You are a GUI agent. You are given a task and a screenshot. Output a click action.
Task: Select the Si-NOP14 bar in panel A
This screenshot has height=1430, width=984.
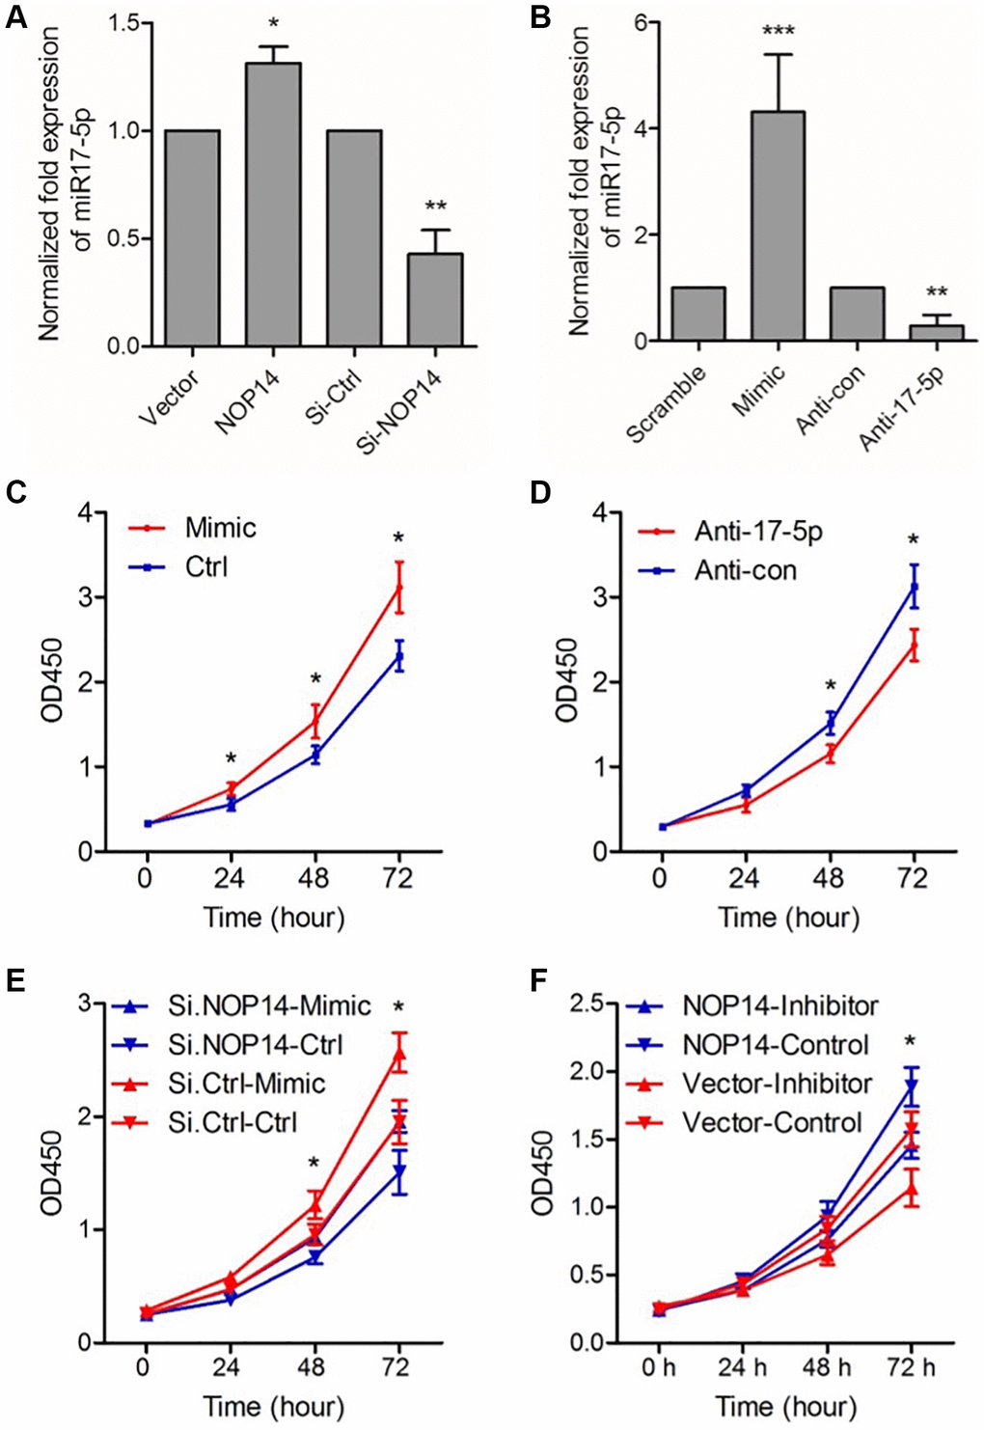pyautogui.click(x=434, y=299)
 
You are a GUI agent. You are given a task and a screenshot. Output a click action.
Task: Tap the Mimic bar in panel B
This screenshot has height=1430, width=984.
pyautogui.click(x=778, y=226)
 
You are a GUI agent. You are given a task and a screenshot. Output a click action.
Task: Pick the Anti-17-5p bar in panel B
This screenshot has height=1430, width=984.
pyautogui.click(x=936, y=333)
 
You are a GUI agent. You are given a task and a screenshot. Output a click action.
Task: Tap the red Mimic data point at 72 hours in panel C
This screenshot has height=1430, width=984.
pyautogui.click(x=398, y=588)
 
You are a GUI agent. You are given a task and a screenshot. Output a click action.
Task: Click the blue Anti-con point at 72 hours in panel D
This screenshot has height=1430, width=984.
pyautogui.click(x=914, y=587)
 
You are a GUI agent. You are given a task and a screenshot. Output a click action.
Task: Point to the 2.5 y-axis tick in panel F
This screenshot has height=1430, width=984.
pyautogui.click(x=621, y=1004)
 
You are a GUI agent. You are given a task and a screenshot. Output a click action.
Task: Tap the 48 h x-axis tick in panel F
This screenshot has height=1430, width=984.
pyautogui.click(x=828, y=1368)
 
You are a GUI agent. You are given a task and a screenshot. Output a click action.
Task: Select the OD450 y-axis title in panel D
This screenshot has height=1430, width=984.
pyautogui.click(x=567, y=680)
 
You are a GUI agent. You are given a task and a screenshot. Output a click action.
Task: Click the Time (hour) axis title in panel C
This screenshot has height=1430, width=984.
pyautogui.click(x=273, y=917)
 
